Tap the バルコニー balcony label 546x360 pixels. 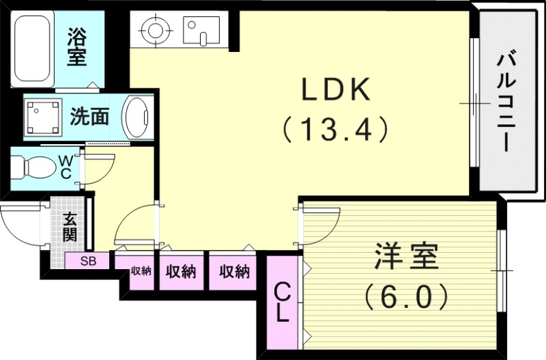[506, 102]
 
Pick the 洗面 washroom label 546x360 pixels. [89, 117]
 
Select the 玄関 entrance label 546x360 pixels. [70, 228]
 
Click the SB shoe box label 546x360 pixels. [88, 261]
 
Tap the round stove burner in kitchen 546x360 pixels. [154, 30]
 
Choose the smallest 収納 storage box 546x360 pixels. [141, 271]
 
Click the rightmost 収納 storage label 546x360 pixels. [234, 272]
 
